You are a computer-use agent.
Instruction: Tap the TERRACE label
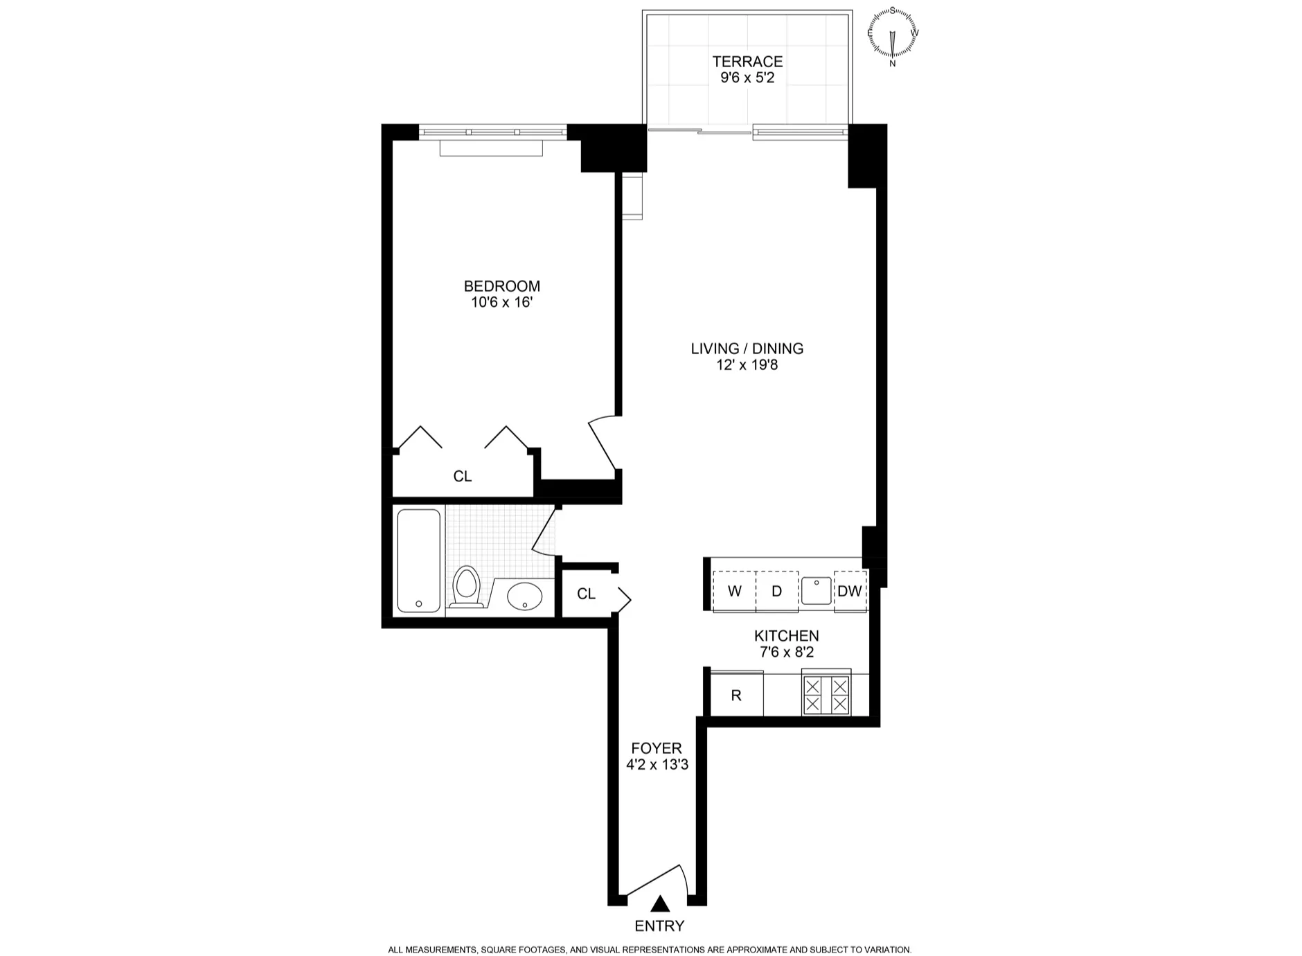click(x=747, y=62)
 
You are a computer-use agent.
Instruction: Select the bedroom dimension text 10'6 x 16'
click(x=501, y=303)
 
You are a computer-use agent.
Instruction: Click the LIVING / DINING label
click(x=747, y=348)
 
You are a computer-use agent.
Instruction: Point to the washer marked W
click(x=734, y=591)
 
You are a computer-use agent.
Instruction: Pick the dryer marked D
click(x=776, y=591)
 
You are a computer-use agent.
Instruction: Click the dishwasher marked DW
click(x=850, y=591)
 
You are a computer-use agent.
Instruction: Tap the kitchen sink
click(x=817, y=591)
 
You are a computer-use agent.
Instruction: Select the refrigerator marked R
click(x=736, y=695)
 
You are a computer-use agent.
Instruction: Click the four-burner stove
click(x=826, y=695)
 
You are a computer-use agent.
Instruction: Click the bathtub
click(x=418, y=561)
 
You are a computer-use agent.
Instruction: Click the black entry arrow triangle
click(x=660, y=903)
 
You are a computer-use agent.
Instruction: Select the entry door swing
click(x=654, y=883)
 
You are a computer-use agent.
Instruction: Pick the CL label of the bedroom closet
click(x=462, y=477)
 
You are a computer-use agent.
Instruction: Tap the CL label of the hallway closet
click(x=586, y=594)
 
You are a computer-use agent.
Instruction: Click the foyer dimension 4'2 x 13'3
click(x=657, y=765)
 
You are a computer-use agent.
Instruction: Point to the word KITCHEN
click(x=786, y=636)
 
